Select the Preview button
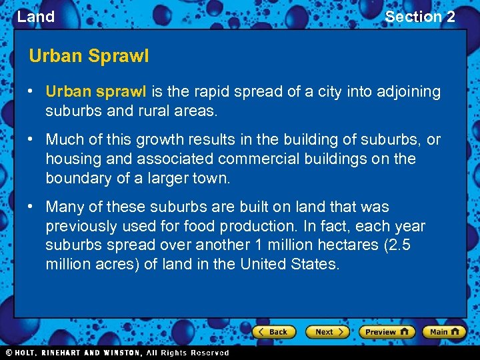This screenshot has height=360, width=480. click(386, 331)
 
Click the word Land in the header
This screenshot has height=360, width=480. click(36, 17)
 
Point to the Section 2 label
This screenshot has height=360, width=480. click(420, 17)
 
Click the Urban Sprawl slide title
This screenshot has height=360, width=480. click(89, 56)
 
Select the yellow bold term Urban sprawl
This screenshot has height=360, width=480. click(97, 92)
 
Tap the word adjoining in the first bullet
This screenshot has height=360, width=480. click(407, 92)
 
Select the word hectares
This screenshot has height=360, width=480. click(347, 245)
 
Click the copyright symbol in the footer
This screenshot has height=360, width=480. click(9, 353)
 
